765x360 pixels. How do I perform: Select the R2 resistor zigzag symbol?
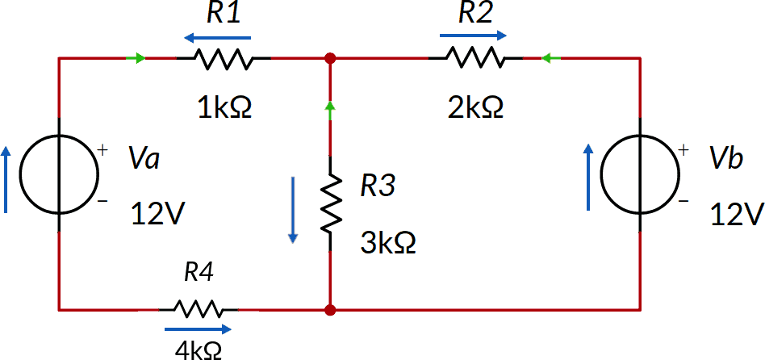click(475, 59)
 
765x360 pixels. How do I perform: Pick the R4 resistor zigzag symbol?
click(199, 309)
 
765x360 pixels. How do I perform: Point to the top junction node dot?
click(330, 59)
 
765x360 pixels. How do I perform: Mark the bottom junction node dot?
click(330, 309)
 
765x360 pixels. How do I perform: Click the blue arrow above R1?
click(216, 37)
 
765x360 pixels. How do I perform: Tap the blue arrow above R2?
click(474, 36)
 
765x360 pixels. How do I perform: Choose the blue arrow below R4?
click(198, 329)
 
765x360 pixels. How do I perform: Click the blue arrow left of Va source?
click(7, 178)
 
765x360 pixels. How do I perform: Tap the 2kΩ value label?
click(476, 107)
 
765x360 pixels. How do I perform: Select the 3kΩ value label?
click(388, 243)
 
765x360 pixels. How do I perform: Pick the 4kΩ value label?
click(199, 350)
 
